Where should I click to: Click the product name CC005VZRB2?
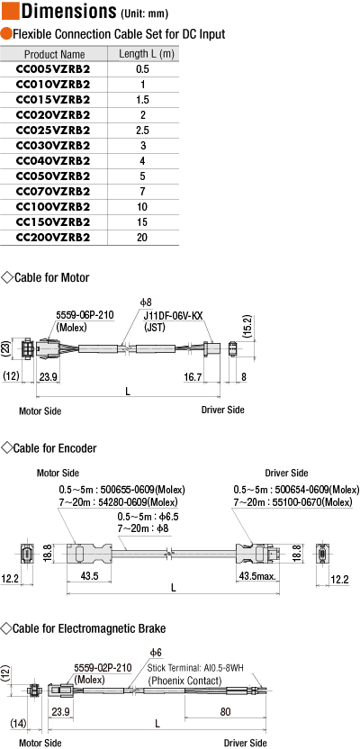coord(53,69)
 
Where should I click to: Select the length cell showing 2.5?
coord(142,131)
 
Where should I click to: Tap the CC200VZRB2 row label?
coord(53,238)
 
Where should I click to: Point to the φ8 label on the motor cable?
coord(146,302)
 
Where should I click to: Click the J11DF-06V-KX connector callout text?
coord(174,315)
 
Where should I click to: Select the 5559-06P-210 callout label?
coord(85,315)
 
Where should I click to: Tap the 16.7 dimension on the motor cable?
coord(193,377)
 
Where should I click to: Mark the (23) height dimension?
coord(6,349)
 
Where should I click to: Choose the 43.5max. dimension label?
coord(257,576)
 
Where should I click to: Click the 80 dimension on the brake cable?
coord(226,712)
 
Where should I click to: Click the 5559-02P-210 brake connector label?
coord(103,668)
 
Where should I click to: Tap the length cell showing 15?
coord(142,222)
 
